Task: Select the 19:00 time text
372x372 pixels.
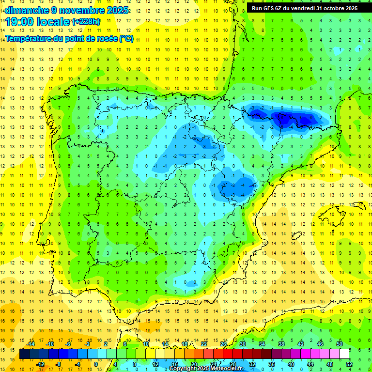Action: (22, 22)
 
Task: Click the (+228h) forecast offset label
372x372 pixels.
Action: (86, 22)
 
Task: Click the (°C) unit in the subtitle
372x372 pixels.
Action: (126, 39)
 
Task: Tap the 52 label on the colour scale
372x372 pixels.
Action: (349, 364)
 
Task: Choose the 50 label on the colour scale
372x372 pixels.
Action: (340, 344)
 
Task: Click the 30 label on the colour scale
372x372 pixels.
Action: (243, 344)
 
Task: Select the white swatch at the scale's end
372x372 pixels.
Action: (344, 354)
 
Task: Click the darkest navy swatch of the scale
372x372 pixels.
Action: (24, 354)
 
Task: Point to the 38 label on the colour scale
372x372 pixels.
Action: (281, 344)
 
